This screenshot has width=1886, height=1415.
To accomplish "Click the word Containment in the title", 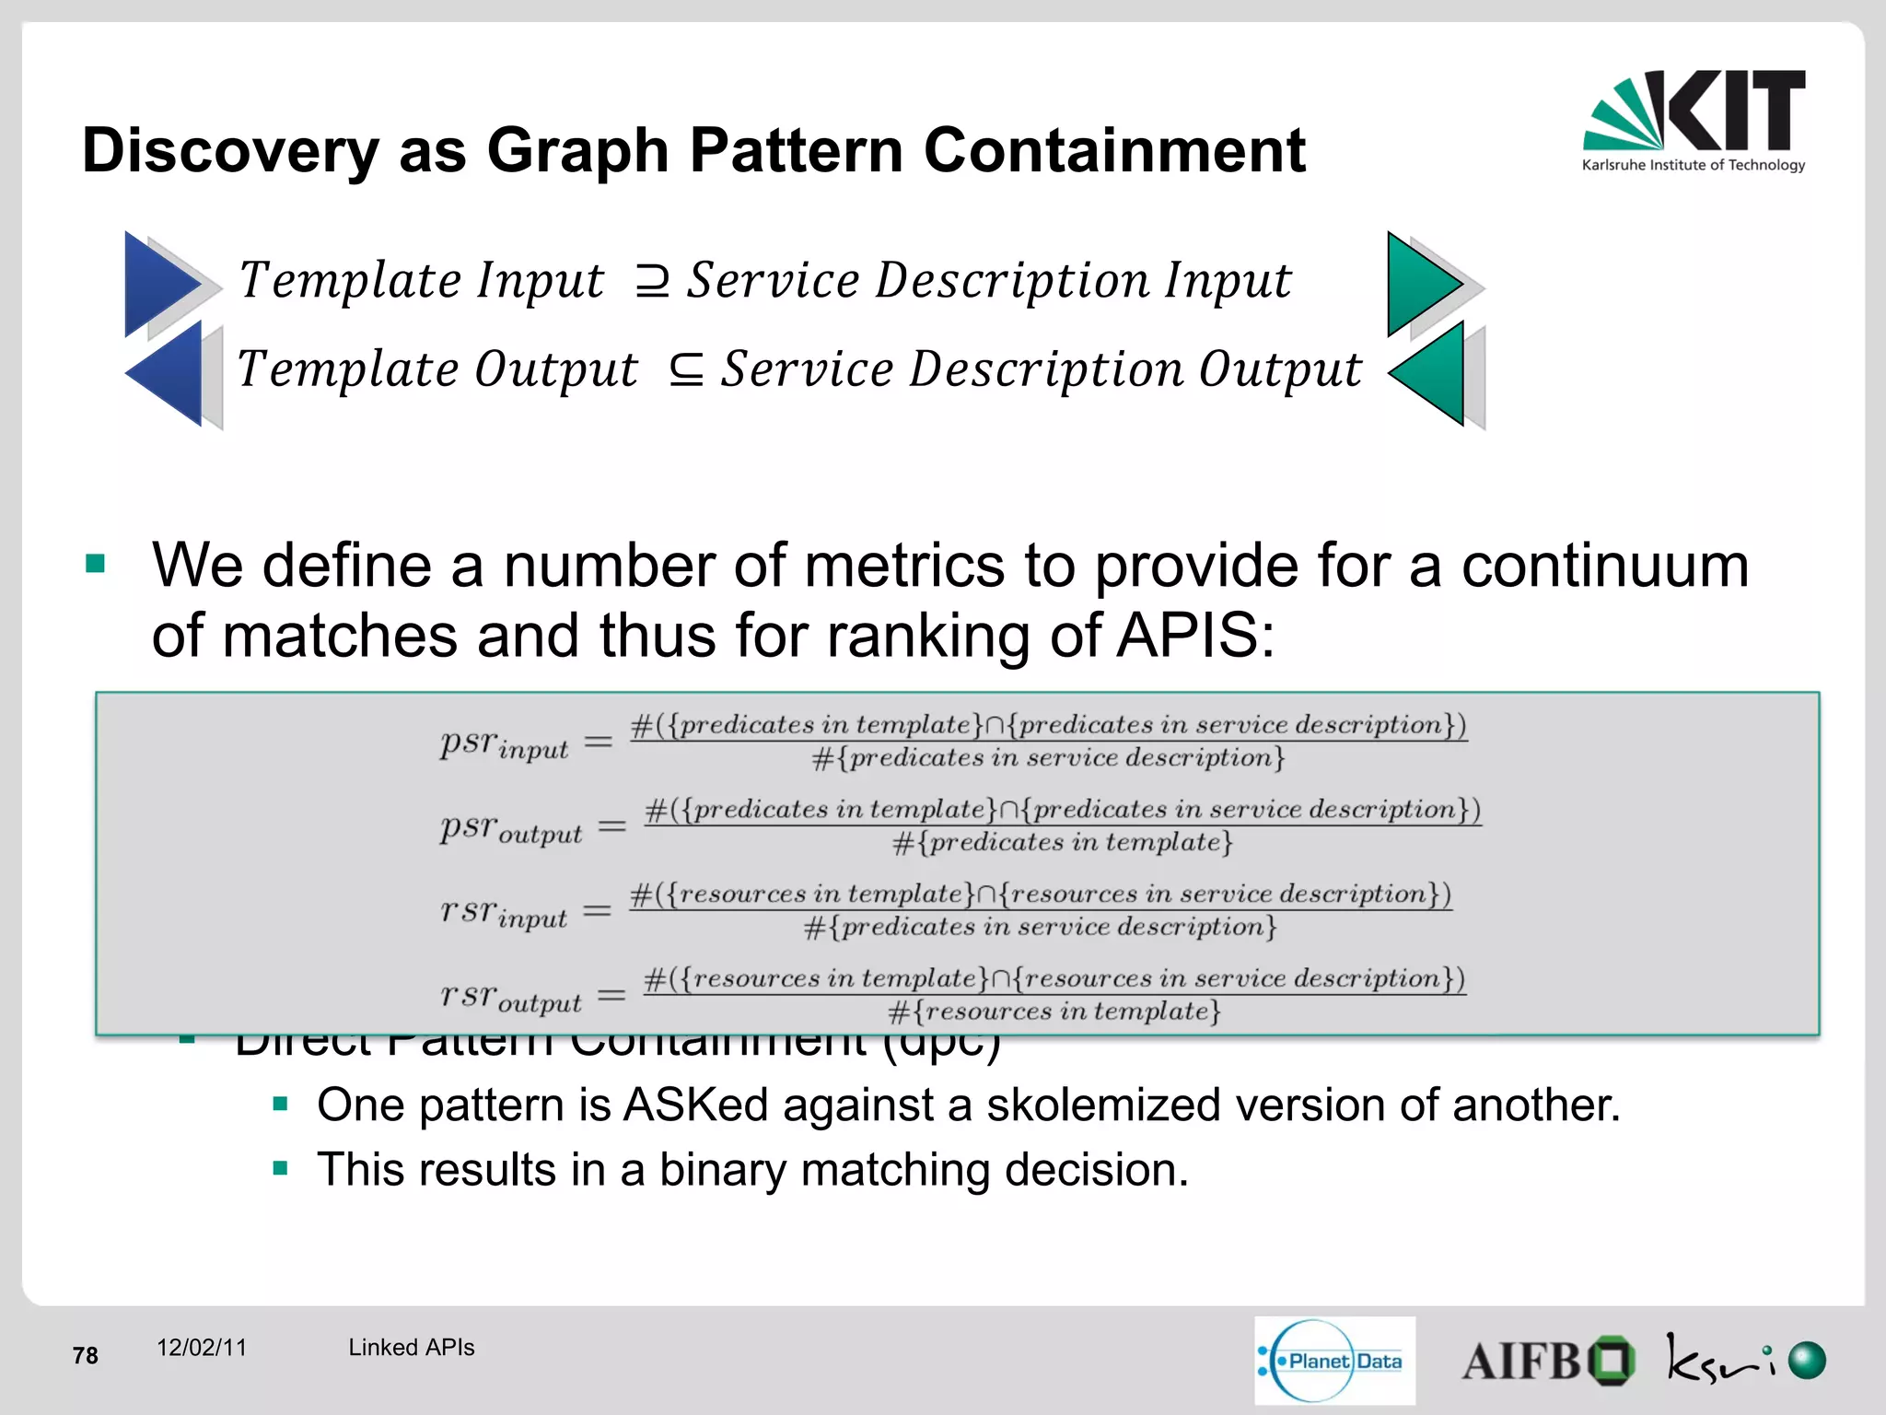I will click(x=1114, y=150).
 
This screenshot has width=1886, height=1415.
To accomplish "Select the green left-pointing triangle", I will click(x=1430, y=373).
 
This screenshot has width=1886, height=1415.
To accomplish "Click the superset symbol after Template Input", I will click(x=652, y=281).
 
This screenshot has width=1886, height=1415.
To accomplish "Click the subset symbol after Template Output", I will click(x=686, y=370).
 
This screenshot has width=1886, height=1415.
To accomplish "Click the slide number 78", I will click(x=85, y=1355).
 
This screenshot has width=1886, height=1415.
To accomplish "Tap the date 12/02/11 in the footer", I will click(x=202, y=1348).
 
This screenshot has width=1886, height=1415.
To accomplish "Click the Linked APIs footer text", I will click(x=411, y=1348).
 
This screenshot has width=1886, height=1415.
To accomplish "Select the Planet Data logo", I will click(x=1334, y=1361).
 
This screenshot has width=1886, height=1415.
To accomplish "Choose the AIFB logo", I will click(x=1547, y=1361).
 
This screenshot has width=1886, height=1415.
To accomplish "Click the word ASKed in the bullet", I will click(x=695, y=1105).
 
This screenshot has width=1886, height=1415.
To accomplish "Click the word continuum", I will click(x=1604, y=565).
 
